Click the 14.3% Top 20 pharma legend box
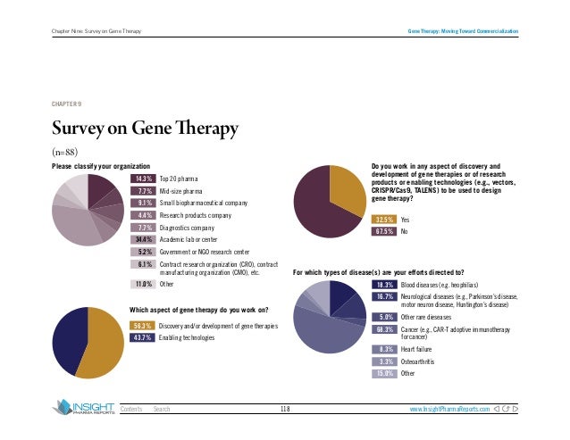tap(143, 178)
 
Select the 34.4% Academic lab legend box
tap(143, 240)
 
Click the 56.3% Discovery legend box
tap(143, 327)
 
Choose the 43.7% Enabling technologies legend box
tap(143, 339)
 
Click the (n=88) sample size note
tap(67, 152)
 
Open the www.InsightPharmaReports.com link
tap(449, 409)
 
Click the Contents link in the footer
tap(132, 409)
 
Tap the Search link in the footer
tap(162, 409)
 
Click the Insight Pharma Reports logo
tap(82, 408)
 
